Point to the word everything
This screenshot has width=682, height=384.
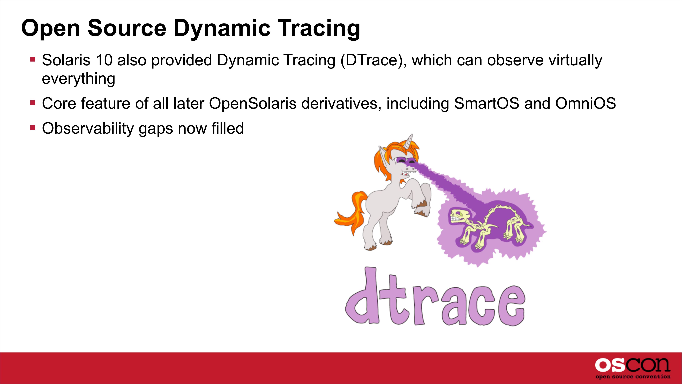[79, 79]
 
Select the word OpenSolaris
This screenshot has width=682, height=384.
[253, 104]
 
